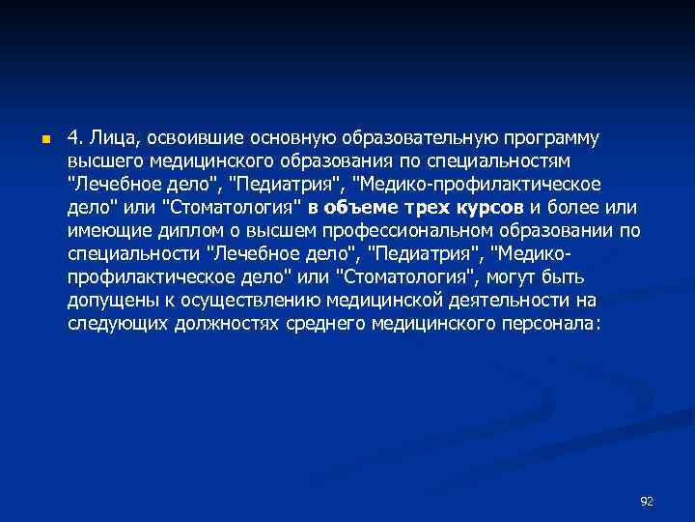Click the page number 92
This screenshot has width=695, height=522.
pos(647,501)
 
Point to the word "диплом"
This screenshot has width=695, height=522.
pos(184,230)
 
